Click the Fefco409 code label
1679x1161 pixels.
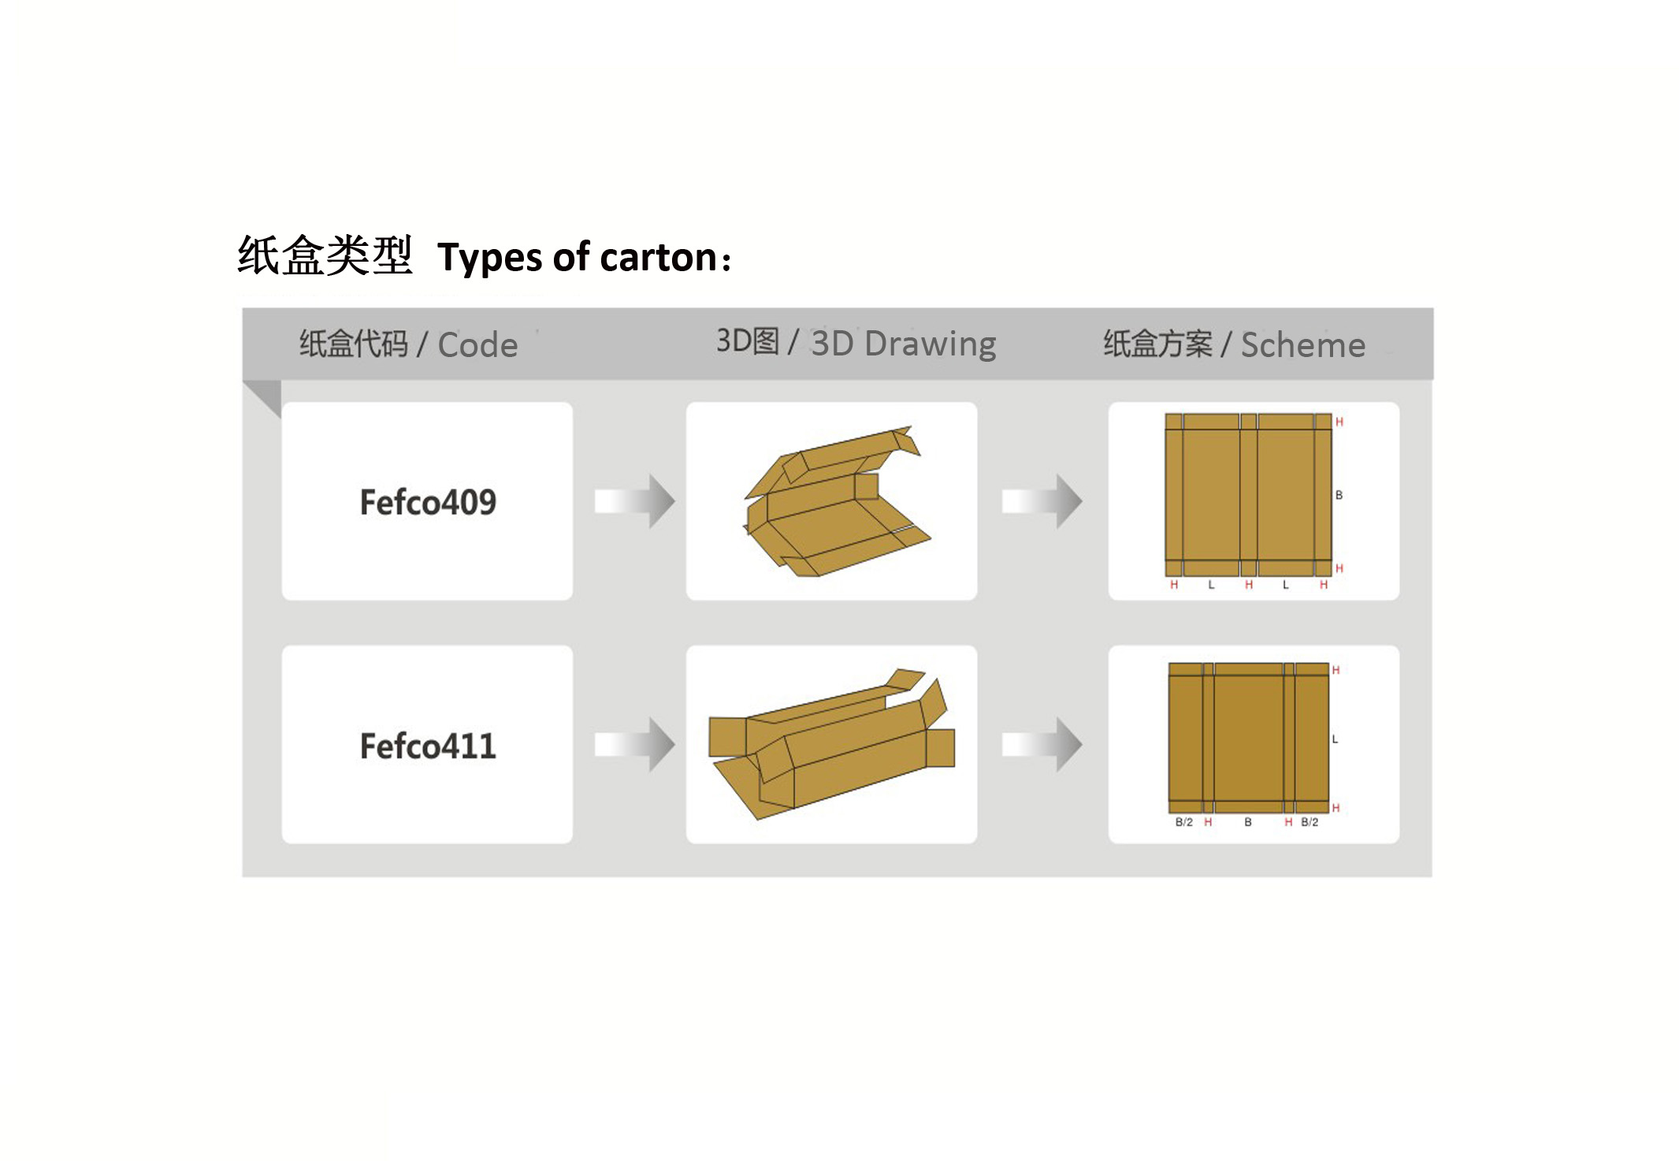tap(428, 502)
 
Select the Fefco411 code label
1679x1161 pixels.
tap(428, 746)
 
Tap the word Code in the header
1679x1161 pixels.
tap(477, 345)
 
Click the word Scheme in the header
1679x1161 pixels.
tap(1303, 345)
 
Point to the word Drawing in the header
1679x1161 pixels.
tap(931, 345)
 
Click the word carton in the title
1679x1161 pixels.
tap(659, 258)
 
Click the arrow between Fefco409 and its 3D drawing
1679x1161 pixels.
tap(634, 500)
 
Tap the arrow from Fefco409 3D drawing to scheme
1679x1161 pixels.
tap(1042, 500)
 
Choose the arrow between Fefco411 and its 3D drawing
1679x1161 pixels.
tap(634, 744)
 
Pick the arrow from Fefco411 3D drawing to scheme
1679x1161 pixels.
tap(1042, 744)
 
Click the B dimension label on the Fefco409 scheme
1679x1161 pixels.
tap(1339, 495)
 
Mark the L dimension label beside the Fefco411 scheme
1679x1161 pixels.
tap(1335, 739)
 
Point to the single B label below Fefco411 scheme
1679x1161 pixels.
tap(1248, 822)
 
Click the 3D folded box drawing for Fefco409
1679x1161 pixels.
tap(837, 501)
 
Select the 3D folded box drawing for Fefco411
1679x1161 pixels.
tap(831, 744)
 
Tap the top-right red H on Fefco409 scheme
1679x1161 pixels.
tap(1339, 422)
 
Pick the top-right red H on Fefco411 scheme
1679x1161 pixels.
tap(1335, 670)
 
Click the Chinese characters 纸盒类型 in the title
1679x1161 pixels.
tap(325, 256)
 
